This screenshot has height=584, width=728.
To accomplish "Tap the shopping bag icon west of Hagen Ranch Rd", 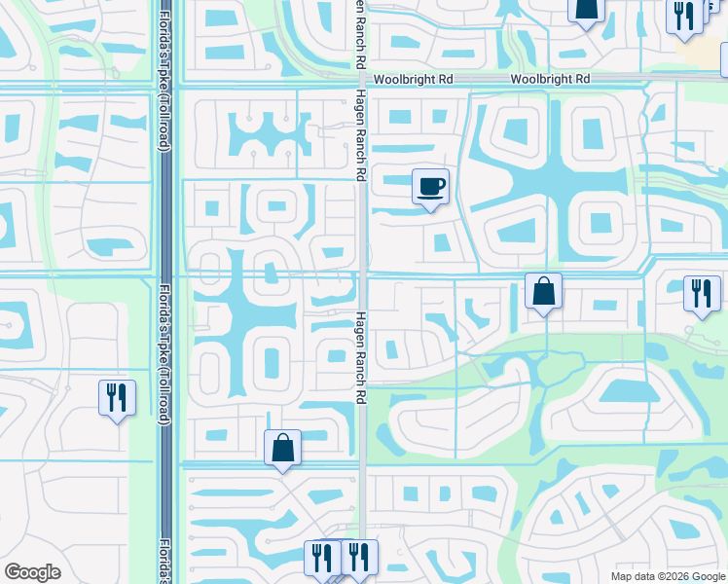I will point(282,449).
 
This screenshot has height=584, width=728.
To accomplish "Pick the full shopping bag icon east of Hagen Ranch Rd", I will point(543,291).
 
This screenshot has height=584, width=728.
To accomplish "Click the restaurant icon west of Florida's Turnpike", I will point(117,397).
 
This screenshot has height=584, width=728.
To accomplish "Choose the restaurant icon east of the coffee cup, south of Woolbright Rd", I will point(702,294).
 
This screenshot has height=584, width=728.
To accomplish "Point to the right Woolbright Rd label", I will point(551,78).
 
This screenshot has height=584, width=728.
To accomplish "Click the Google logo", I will point(33,572).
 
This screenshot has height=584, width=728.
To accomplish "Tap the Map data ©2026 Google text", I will point(668,575).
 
